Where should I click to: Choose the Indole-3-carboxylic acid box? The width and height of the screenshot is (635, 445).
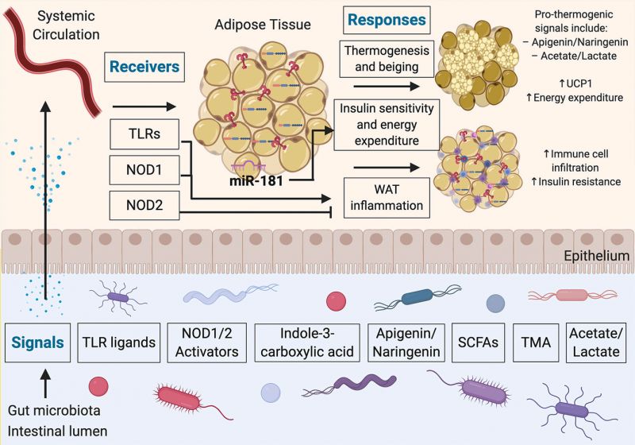(303, 344)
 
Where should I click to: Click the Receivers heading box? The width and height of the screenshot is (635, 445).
(144, 68)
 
